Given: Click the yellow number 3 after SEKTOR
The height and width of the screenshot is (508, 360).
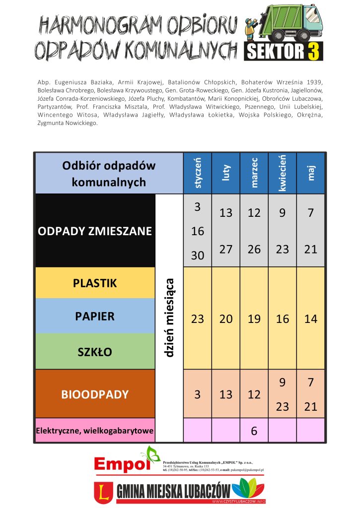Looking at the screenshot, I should (313, 52).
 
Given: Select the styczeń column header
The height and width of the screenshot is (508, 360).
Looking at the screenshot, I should (198, 173).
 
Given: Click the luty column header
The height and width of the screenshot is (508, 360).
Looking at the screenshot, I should (226, 173).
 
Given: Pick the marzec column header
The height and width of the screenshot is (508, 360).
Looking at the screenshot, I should (254, 173).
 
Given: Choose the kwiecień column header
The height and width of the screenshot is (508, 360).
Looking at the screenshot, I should (283, 173).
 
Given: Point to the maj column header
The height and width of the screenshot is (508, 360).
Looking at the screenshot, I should (311, 173).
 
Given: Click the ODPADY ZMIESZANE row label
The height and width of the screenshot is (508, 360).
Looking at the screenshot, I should (95, 231).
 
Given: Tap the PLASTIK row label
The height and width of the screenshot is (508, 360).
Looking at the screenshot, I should (95, 283).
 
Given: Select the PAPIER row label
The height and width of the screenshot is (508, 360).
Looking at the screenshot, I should (95, 316).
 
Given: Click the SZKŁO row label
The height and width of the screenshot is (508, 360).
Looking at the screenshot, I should (95, 352).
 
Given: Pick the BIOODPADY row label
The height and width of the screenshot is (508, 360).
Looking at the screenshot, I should (95, 394).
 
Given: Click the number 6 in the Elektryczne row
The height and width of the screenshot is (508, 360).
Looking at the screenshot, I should (254, 431).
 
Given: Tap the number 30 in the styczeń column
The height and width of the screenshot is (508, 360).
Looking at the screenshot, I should (198, 255).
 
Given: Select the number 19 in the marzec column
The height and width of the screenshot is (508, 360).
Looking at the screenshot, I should (254, 319).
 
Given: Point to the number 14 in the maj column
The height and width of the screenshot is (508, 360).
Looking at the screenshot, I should (311, 319).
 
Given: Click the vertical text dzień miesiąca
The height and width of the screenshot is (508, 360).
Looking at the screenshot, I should (169, 317).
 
